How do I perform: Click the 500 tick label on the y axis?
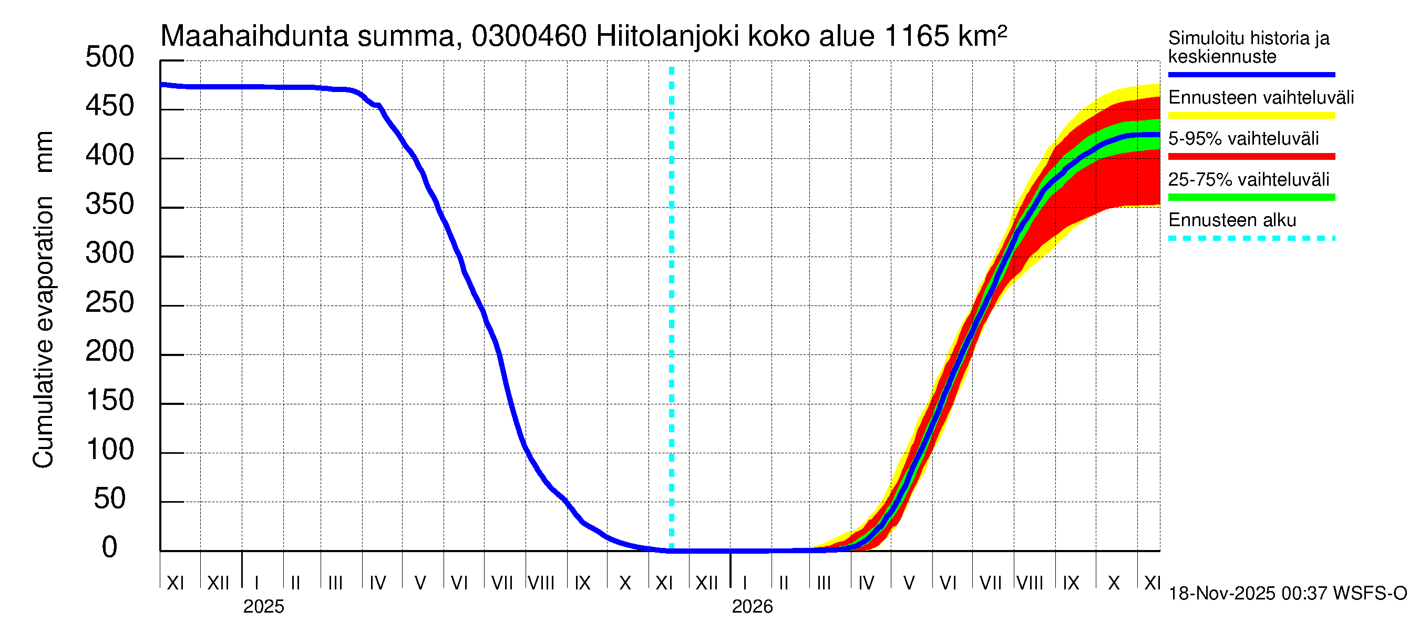pyautogui.click(x=110, y=57)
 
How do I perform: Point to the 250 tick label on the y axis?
pyautogui.click(x=110, y=302)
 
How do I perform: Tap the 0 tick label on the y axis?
pyautogui.click(x=110, y=547)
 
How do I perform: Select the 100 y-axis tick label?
pyautogui.click(x=110, y=450)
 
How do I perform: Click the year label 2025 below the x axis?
pyautogui.click(x=263, y=607)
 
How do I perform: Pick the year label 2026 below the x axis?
pyautogui.click(x=752, y=607)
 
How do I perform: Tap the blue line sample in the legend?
pyautogui.click(x=1251, y=74)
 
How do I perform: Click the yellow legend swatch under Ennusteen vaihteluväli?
pyautogui.click(x=1251, y=116)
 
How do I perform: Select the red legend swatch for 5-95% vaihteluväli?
pyautogui.click(x=1251, y=157)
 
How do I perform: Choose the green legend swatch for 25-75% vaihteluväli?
pyautogui.click(x=1251, y=197)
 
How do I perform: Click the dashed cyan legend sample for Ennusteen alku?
pyautogui.click(x=1251, y=239)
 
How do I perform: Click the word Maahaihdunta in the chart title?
pyautogui.click(x=254, y=36)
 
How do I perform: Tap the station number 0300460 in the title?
pyautogui.click(x=529, y=36)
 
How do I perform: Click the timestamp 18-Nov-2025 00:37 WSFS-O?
pyautogui.click(x=1287, y=594)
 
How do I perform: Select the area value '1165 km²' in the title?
pyautogui.click(x=945, y=36)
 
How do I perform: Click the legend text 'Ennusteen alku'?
pyautogui.click(x=1232, y=220)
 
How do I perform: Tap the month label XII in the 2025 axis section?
pyautogui.click(x=218, y=583)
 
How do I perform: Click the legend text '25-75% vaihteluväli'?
pyautogui.click(x=1248, y=180)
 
